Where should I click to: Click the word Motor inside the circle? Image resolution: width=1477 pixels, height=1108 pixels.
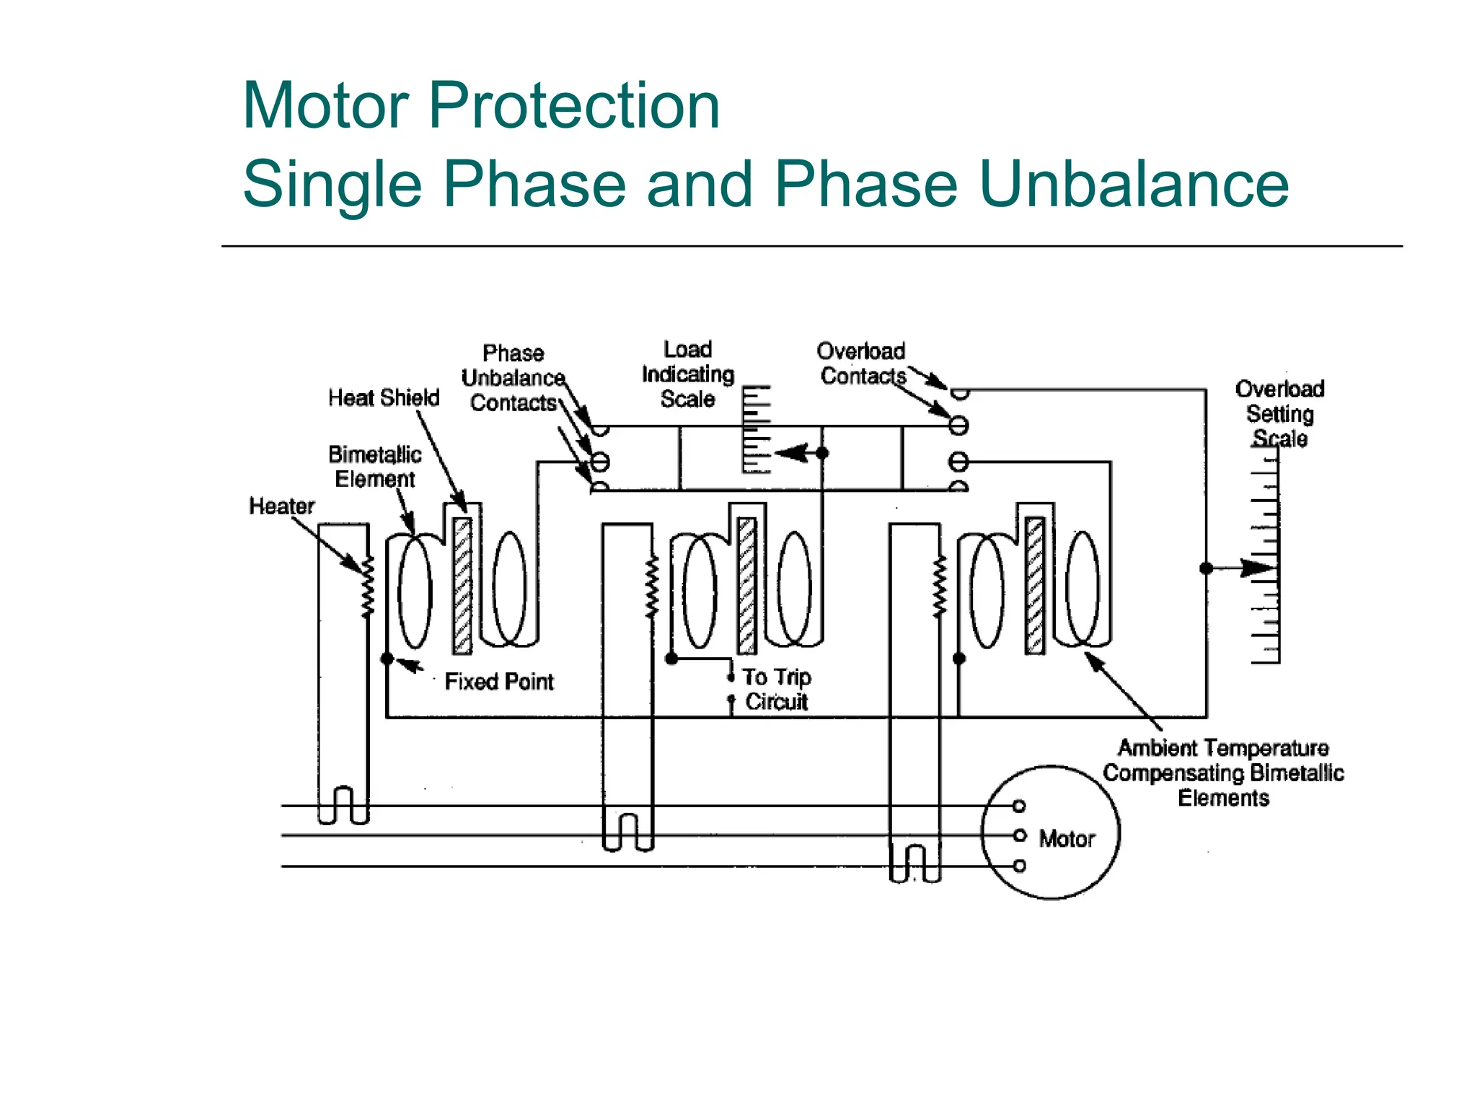1066,839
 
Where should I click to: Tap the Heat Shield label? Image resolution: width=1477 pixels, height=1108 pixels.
384,398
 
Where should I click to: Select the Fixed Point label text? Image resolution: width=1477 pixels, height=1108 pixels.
498,682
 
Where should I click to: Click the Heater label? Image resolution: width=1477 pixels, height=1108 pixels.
281,506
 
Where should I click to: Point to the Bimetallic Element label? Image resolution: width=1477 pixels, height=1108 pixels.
374,467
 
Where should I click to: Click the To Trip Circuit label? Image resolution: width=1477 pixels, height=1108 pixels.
776,689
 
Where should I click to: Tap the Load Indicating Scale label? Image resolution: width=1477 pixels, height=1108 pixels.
687,374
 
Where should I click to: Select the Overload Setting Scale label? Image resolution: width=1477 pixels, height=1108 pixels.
1279,413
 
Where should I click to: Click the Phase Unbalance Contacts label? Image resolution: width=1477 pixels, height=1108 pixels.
513,378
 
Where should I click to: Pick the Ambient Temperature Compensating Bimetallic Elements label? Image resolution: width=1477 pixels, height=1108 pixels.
1223,773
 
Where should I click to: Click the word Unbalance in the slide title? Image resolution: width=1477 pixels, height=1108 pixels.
1134,184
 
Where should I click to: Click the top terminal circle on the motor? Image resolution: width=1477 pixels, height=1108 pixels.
1019,806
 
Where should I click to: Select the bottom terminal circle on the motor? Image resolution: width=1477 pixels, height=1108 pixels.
1019,866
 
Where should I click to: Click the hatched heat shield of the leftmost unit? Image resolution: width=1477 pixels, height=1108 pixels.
462,586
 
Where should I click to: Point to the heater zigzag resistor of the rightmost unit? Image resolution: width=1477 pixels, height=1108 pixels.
939,586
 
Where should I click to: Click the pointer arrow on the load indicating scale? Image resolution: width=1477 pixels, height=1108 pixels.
792,453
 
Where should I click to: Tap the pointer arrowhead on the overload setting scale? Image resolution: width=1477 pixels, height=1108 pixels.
1258,568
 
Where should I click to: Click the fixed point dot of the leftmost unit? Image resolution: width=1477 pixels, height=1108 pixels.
387,659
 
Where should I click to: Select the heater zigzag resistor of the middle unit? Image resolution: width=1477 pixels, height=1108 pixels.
652,586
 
